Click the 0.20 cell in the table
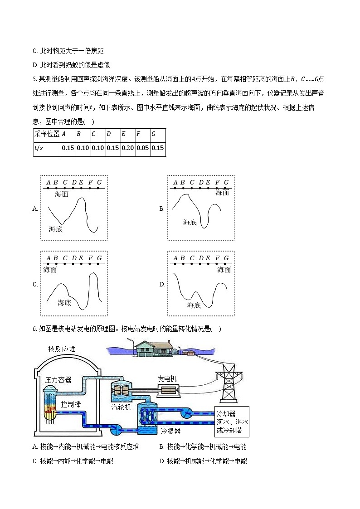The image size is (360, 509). point(128,148)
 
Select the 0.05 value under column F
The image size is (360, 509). point(143,148)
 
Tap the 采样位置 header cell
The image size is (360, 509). point(47,134)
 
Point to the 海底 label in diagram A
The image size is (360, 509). point(56,229)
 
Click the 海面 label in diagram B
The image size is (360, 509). point(222,193)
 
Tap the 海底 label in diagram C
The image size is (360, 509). point(64,302)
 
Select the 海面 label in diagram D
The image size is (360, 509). point(224,270)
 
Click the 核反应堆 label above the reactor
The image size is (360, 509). point(62,349)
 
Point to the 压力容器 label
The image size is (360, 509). point(58,380)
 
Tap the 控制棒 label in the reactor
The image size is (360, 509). point(71,404)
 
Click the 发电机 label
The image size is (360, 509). point(167,378)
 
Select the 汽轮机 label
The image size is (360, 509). point(122,407)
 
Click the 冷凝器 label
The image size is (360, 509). point(171,431)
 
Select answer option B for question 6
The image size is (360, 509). point(203,446)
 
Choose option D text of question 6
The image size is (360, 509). point(203,461)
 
